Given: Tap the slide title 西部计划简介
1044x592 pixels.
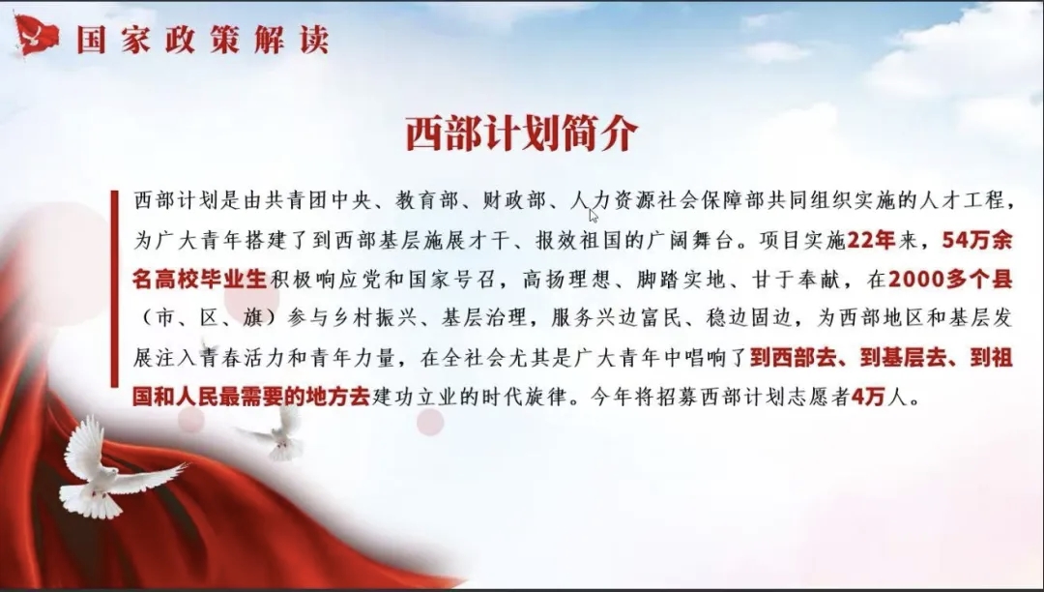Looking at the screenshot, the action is [x=521, y=133].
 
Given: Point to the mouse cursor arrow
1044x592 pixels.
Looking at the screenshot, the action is [x=594, y=215].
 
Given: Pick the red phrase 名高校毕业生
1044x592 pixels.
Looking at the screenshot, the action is [x=199, y=280].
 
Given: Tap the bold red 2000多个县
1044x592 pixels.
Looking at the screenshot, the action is [x=950, y=280].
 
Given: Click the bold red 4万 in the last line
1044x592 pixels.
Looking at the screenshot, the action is [x=867, y=398].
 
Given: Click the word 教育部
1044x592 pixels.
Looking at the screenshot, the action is [x=426, y=200].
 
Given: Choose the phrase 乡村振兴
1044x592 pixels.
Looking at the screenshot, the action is [x=373, y=319].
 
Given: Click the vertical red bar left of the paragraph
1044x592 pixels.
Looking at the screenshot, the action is [x=114, y=288].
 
